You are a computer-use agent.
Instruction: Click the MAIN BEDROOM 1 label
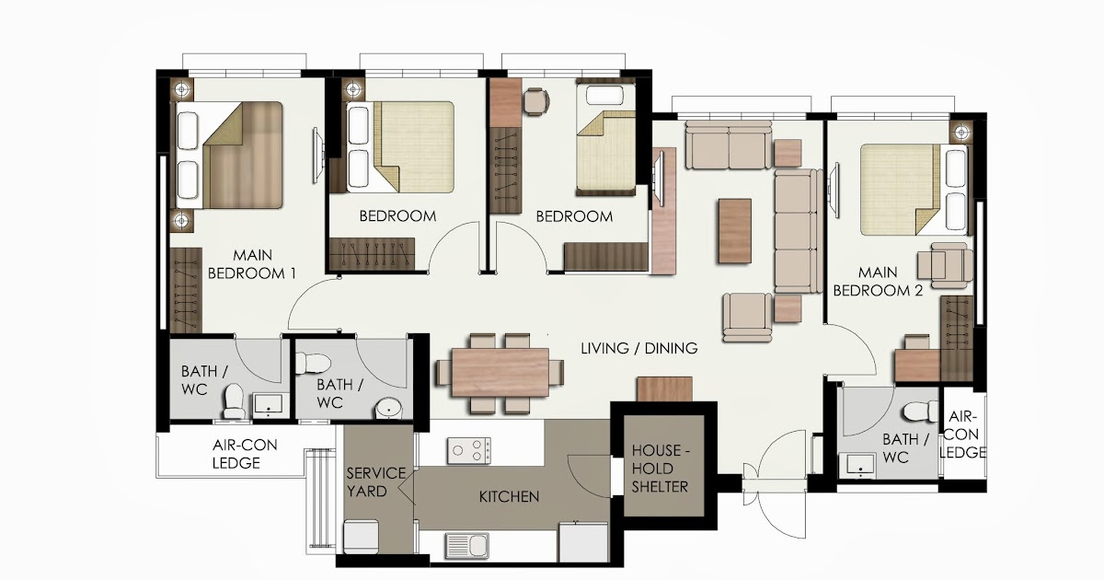click(x=252, y=263)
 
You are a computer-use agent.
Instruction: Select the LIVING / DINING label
click(x=638, y=348)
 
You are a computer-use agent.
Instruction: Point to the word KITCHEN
click(x=509, y=496)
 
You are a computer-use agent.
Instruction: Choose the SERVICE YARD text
click(x=375, y=481)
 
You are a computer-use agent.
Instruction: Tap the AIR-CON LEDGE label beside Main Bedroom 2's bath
click(x=966, y=434)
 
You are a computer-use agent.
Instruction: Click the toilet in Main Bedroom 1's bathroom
click(x=234, y=399)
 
